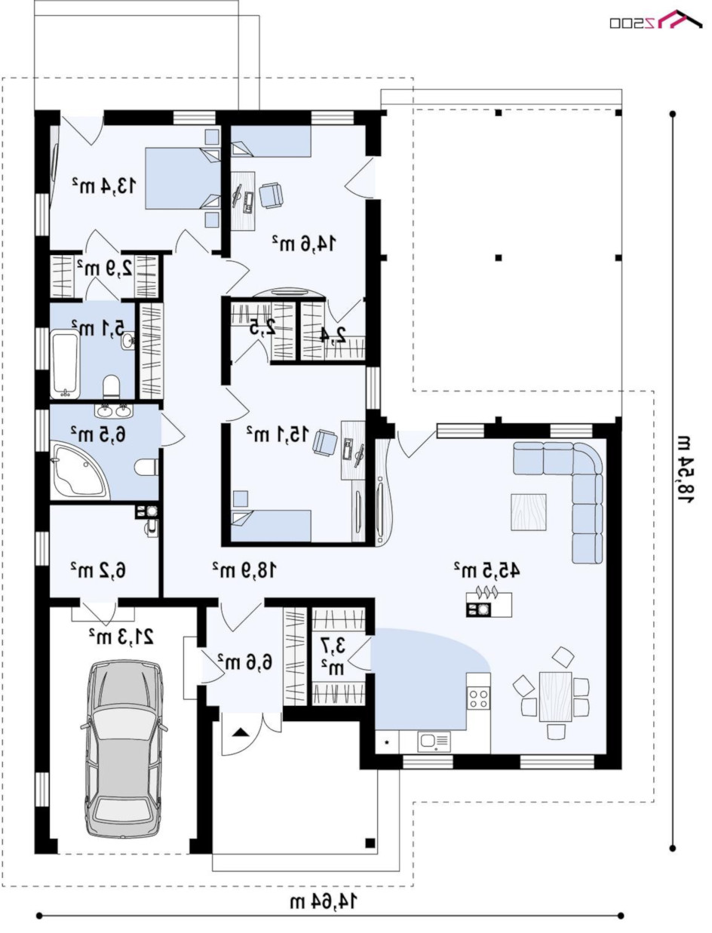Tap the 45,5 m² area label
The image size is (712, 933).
(x=486, y=570)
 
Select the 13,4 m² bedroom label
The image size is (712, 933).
(x=105, y=186)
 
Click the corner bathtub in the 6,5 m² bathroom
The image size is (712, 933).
(x=78, y=471)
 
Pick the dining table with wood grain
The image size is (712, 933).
(x=555, y=696)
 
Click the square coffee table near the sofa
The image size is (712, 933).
(x=529, y=512)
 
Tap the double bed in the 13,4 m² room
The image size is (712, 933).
(x=183, y=179)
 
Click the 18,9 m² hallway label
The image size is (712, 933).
(x=245, y=570)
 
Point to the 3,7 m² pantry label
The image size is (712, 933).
(x=333, y=658)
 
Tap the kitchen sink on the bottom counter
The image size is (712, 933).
(x=434, y=741)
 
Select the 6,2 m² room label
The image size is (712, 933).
(x=98, y=570)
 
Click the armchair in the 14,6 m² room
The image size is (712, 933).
(x=271, y=195)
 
